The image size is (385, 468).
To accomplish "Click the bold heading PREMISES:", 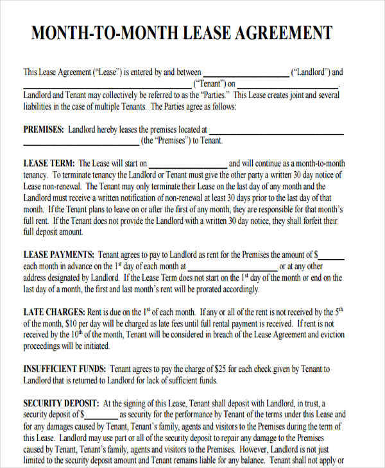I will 44,129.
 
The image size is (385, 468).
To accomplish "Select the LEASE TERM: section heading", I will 49,163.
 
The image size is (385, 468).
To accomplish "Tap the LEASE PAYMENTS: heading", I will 59,254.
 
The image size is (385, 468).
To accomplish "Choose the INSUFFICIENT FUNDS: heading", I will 64,369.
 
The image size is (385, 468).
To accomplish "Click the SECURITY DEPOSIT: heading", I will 61,404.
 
